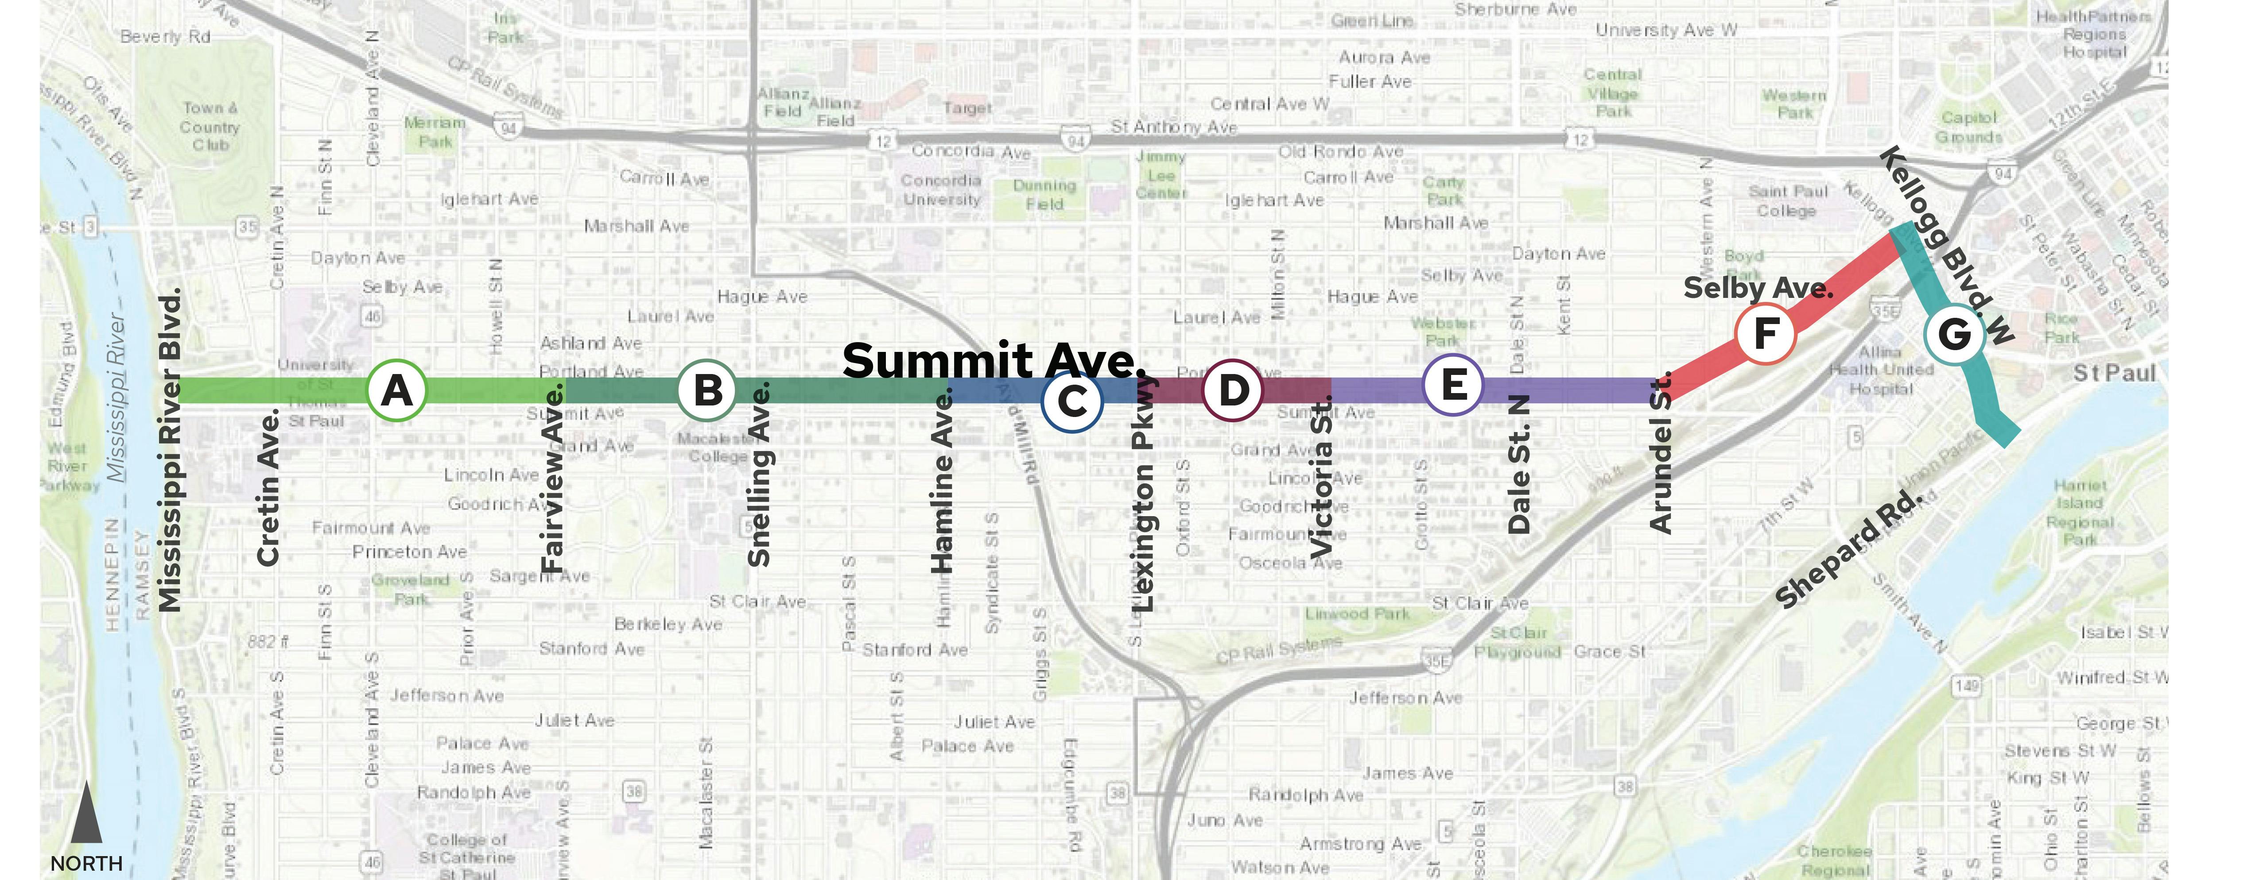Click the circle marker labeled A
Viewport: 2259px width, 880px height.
tap(396, 390)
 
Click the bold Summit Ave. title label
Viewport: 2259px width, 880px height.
tap(993, 360)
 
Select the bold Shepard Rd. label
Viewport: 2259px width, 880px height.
tap(1848, 550)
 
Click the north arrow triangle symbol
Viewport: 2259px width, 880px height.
tap(86, 815)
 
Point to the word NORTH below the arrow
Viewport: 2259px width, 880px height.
tap(86, 863)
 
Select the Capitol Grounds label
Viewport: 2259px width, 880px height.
tap(1969, 127)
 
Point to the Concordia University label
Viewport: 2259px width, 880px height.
tap(941, 189)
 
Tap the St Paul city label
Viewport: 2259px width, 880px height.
tap(2113, 374)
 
